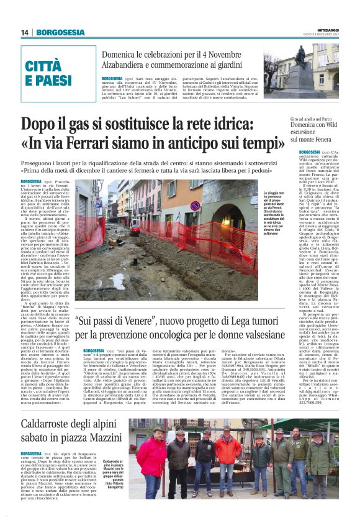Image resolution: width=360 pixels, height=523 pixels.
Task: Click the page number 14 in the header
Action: point(24,32)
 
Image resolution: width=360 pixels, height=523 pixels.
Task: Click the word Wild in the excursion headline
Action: point(335,124)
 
